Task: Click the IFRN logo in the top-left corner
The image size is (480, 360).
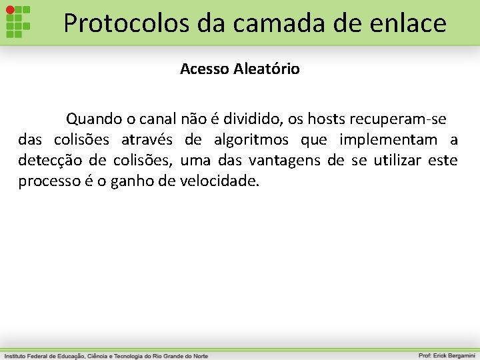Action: point(19,22)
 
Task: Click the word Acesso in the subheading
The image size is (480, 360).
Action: point(205,69)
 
